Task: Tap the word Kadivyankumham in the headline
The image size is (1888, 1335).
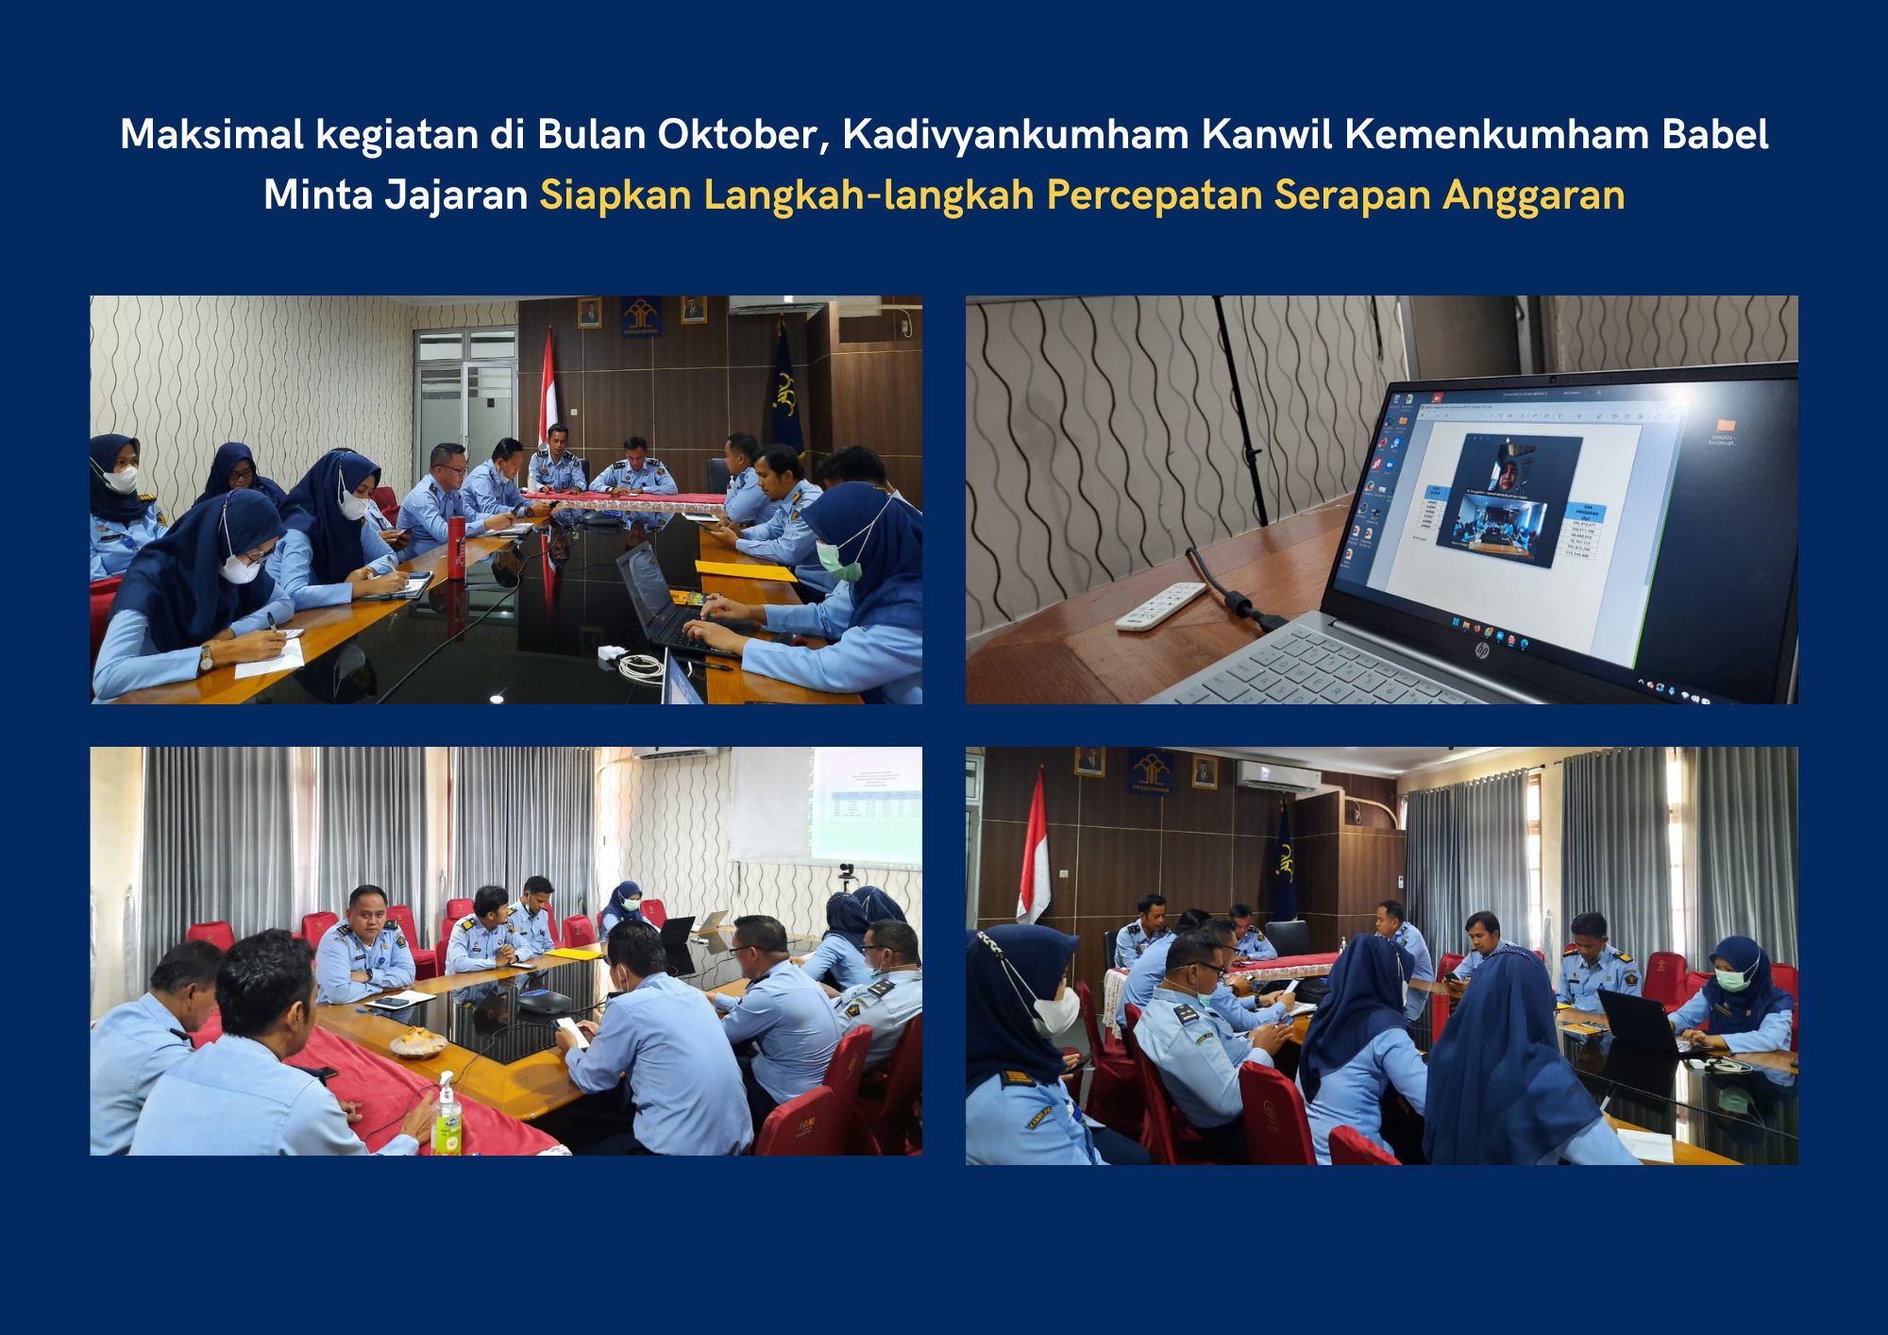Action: coord(1015,135)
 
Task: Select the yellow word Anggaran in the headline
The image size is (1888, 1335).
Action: coord(1533,195)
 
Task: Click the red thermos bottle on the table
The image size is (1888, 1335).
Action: coord(457,547)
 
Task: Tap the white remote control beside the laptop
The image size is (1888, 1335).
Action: coord(1161,606)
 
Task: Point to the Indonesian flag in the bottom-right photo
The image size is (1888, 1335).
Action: coord(1035,850)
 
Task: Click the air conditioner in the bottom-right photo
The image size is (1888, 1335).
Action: coord(1278,776)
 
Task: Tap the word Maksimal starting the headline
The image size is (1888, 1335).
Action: coord(211,135)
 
